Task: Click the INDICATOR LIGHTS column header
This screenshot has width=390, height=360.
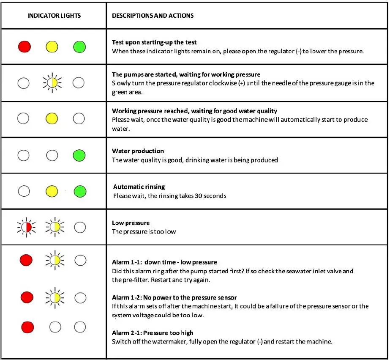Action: (54, 16)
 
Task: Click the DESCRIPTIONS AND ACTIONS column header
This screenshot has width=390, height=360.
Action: (153, 16)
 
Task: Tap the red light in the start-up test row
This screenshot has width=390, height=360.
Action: (25, 46)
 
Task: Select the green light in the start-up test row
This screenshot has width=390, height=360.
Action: (79, 46)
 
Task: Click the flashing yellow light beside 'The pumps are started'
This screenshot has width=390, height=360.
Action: (52, 82)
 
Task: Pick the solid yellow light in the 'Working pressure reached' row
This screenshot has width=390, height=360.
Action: (52, 118)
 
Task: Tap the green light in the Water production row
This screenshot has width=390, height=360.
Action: (79, 155)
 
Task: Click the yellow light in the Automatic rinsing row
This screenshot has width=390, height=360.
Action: (52, 191)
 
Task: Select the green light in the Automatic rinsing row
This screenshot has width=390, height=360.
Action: (79, 191)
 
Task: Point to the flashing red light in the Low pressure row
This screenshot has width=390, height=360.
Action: (26, 228)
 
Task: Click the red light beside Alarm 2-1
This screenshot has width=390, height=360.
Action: (27, 327)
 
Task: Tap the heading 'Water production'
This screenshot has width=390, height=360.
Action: (138, 151)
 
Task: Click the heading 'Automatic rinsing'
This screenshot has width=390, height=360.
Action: (139, 187)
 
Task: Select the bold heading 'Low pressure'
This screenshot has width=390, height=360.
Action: (131, 223)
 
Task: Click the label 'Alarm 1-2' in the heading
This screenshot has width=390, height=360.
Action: (124, 297)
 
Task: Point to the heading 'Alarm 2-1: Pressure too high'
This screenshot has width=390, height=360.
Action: (153, 333)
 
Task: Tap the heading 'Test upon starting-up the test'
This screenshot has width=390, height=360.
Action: (154, 42)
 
